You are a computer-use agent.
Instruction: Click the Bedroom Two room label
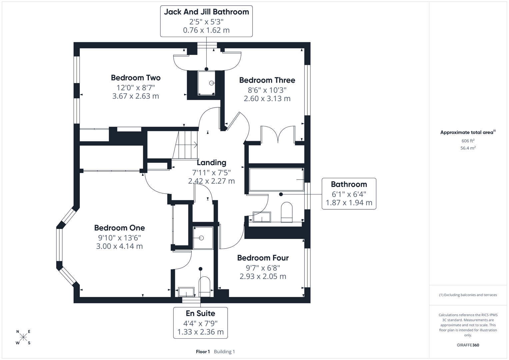click(136, 78)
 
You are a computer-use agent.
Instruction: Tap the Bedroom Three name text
click(267, 80)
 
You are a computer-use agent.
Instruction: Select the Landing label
click(211, 162)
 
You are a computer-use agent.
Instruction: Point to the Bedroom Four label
click(263, 258)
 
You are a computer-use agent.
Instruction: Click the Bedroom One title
click(119, 228)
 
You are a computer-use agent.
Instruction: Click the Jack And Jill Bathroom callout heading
click(206, 12)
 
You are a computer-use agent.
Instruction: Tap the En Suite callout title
click(200, 313)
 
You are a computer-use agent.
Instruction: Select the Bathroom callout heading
click(349, 184)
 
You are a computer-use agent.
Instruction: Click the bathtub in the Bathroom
click(276, 180)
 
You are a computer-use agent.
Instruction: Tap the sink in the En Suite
click(186, 292)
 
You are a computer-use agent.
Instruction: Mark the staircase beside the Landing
click(186, 145)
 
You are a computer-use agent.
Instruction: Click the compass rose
click(23, 337)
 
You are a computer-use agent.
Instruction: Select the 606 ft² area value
click(468, 141)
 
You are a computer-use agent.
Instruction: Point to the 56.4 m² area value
click(468, 148)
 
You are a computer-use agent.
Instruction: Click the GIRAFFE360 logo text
click(468, 345)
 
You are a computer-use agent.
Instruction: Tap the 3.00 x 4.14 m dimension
click(119, 246)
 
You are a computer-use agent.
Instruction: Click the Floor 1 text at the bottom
click(203, 352)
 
